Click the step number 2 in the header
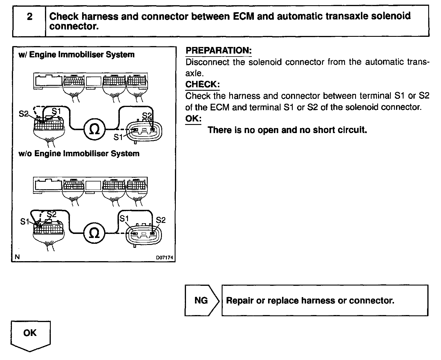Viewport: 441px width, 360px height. pos(29,17)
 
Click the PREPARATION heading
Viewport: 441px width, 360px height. pos(218,50)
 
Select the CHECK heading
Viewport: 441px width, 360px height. pos(202,84)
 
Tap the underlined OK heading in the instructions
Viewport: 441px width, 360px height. pos(193,119)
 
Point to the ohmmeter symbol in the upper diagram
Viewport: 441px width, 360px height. pos(94,129)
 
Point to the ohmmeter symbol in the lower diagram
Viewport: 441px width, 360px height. pos(93,233)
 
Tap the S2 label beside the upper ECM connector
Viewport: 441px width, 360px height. pos(24,114)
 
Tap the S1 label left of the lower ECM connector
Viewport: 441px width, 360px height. pos(25,222)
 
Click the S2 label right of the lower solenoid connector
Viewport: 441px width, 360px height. pos(160,220)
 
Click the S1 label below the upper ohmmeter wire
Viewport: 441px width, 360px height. pos(118,137)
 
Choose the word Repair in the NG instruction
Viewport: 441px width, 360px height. pos(239,300)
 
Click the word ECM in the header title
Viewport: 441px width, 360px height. pos(243,16)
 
